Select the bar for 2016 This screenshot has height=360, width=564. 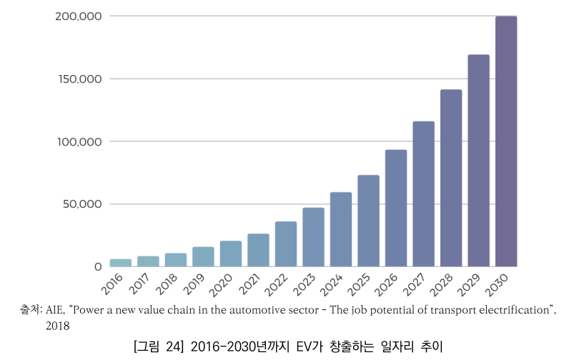pyautogui.click(x=121, y=263)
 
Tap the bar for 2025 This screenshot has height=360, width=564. pyautogui.click(x=368, y=221)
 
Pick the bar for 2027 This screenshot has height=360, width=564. pyautogui.click(x=423, y=194)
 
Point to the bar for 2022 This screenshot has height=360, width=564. pyautogui.click(x=286, y=244)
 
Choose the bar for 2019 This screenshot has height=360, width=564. pyautogui.click(x=203, y=256)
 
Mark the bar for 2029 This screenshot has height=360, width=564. pyautogui.click(x=478, y=160)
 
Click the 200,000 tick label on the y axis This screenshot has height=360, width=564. pyautogui.click(x=79, y=16)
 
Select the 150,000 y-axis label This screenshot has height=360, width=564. pyautogui.click(x=79, y=79)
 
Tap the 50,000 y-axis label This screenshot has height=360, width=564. pyautogui.click(x=82, y=204)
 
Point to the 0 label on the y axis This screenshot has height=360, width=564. pyautogui.click(x=98, y=266)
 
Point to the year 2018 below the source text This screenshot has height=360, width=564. pyautogui.click(x=57, y=326)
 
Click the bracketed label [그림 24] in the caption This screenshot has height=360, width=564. pyautogui.click(x=159, y=347)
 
